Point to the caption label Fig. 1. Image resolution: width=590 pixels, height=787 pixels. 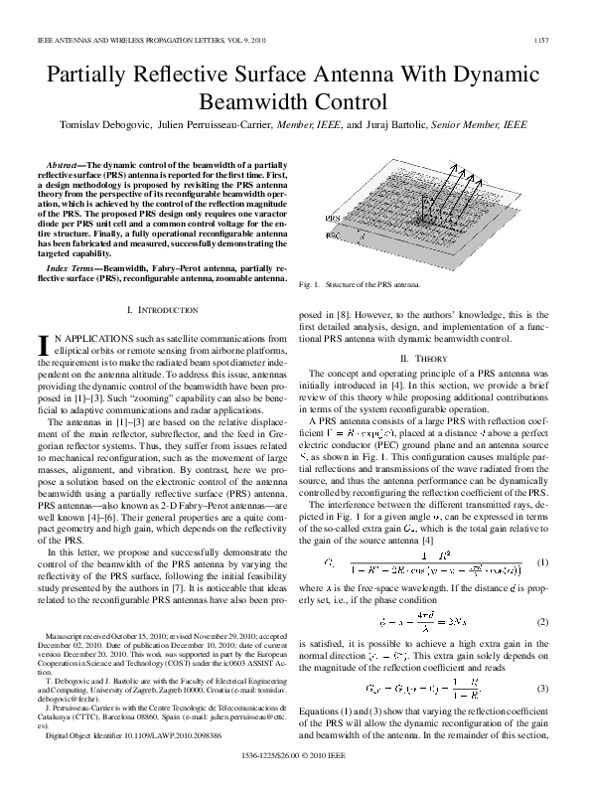coord(309,285)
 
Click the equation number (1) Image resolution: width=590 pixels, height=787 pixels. coord(542,562)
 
